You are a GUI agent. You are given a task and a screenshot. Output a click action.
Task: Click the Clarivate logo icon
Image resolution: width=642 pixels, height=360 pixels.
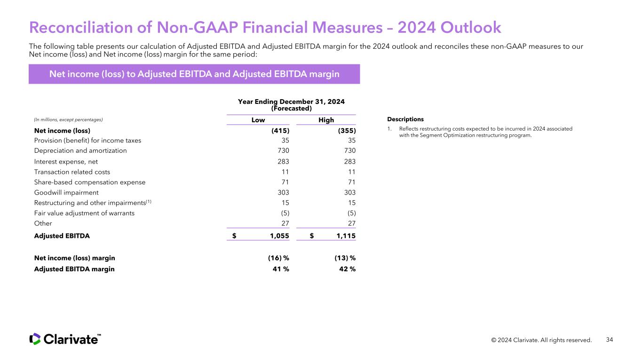[35, 339]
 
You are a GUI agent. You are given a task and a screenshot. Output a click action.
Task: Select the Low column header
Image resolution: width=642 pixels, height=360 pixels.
[258, 120]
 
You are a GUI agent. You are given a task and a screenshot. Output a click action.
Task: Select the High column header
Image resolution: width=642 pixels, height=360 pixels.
[326, 120]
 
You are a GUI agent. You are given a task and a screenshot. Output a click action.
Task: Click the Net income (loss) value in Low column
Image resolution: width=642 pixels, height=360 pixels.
[280, 131]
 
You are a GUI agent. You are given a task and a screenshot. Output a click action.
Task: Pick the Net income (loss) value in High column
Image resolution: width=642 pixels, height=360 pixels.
[347, 131]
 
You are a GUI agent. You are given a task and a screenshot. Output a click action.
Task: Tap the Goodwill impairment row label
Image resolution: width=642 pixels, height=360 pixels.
[66, 193]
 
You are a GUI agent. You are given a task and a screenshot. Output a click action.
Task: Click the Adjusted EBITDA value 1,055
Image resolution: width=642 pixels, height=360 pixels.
[279, 236]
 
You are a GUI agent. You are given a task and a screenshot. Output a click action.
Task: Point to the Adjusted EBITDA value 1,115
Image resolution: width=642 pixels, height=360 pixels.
[346, 236]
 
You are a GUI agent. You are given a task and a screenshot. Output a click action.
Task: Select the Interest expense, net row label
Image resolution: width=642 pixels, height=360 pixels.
[66, 162]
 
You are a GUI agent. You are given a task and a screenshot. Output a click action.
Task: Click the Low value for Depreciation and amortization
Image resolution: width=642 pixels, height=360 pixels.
[283, 150]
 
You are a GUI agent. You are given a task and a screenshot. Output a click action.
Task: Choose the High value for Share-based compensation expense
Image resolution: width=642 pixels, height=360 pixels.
[352, 182]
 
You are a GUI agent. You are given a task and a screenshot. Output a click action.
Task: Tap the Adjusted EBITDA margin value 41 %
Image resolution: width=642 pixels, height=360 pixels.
[281, 269]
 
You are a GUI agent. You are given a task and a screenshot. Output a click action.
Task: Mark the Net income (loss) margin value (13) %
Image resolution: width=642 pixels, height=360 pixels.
[345, 258]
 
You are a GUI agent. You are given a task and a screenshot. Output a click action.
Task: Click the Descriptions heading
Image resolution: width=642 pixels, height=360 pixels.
[405, 119]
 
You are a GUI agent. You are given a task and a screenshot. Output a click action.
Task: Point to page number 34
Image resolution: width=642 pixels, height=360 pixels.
[610, 340]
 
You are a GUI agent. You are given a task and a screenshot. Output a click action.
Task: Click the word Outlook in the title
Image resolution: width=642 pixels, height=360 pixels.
[471, 28]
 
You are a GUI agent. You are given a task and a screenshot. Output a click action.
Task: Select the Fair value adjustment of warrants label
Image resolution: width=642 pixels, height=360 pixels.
[84, 213]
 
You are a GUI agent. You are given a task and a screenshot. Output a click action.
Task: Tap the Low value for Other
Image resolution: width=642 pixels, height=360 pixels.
[285, 223]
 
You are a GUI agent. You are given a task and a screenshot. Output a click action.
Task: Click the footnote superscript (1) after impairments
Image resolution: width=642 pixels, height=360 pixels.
[149, 201]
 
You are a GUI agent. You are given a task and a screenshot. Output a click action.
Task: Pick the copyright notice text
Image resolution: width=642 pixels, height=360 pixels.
[541, 340]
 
